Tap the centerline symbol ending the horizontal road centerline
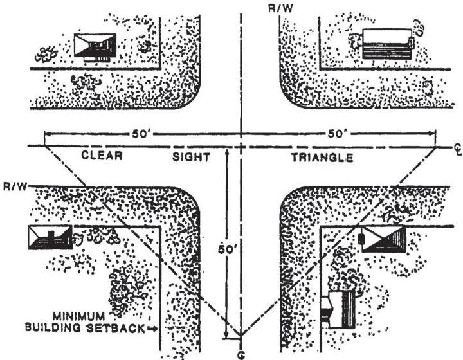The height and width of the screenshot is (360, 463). [453, 149]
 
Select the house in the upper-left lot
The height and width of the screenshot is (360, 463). [95, 46]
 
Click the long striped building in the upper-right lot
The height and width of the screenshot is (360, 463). [386, 44]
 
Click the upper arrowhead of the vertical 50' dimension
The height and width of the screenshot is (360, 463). [226, 152]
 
